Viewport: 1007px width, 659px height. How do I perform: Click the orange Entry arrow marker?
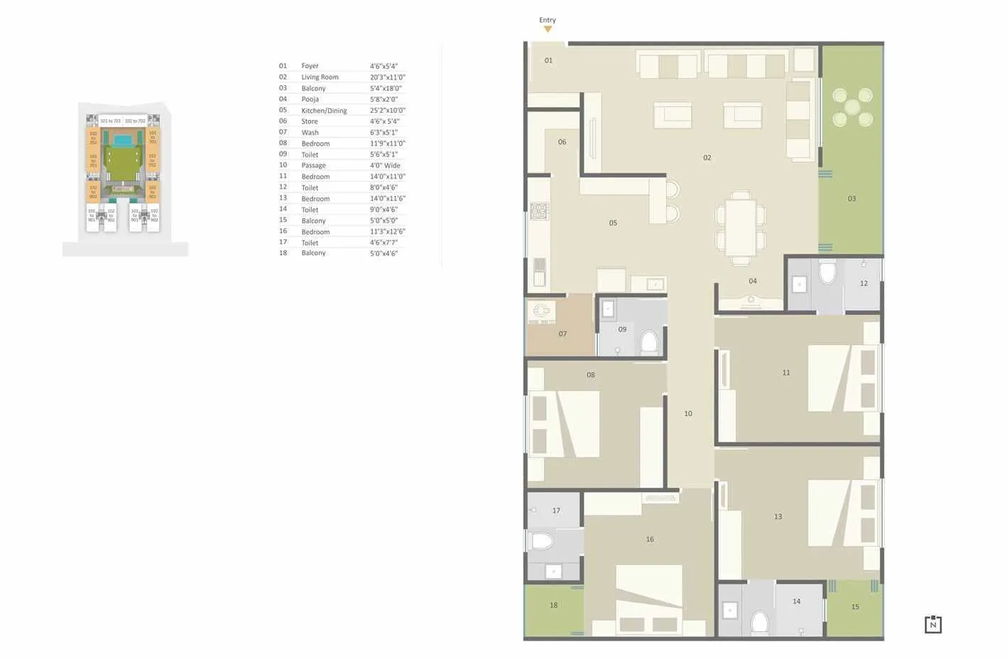(548, 29)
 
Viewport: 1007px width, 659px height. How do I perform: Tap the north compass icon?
(932, 624)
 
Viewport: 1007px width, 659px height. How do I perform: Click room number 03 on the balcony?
(851, 199)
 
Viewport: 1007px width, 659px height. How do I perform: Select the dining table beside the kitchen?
(740, 228)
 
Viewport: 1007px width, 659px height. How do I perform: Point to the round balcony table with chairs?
(852, 107)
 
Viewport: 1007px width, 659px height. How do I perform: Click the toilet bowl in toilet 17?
(541, 542)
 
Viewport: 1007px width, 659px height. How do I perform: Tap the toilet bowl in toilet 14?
(759, 622)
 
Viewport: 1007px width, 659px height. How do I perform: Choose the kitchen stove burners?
(539, 211)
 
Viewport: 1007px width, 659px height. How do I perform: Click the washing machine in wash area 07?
(541, 310)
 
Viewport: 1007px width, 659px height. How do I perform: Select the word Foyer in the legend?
(310, 66)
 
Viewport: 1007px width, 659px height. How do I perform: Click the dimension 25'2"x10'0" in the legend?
(387, 110)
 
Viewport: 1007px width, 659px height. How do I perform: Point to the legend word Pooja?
(310, 99)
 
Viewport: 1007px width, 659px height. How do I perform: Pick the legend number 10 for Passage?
(283, 165)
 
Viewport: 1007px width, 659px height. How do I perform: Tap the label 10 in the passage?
(687, 413)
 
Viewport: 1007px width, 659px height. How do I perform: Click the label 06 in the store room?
(562, 142)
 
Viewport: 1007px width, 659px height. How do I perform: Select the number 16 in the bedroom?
(649, 540)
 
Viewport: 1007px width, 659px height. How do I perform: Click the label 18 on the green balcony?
(553, 606)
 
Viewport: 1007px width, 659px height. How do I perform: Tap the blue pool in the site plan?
(123, 141)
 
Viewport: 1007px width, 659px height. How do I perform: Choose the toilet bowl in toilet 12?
(827, 272)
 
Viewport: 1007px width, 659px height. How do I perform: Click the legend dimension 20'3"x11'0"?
(387, 77)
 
